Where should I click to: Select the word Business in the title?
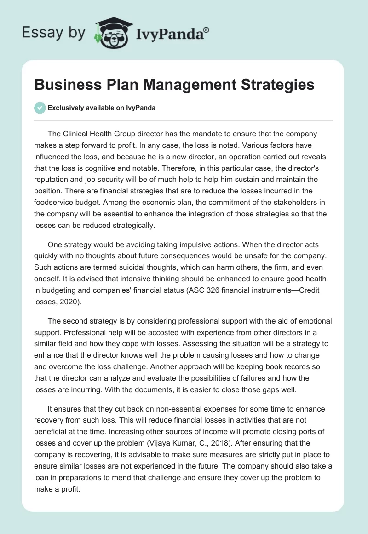[x=63, y=85]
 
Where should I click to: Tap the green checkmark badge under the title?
[x=40, y=108]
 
